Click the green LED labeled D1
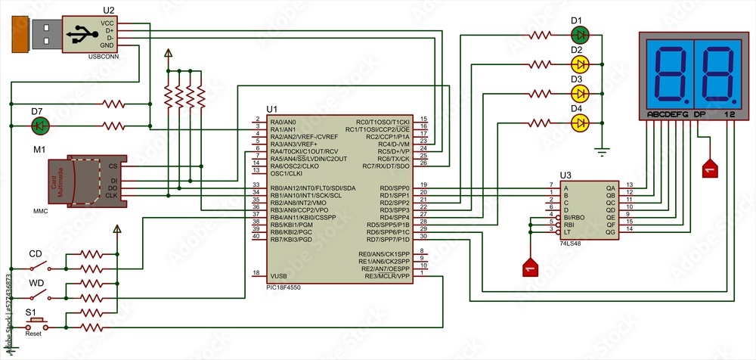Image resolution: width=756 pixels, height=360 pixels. pyautogui.click(x=580, y=35)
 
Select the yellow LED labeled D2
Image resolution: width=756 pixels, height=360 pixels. pyautogui.click(x=580, y=64)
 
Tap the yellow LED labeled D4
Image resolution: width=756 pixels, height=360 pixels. pyautogui.click(x=580, y=123)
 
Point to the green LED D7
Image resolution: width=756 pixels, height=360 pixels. pyautogui.click(x=42, y=125)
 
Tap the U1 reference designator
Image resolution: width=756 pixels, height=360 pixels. pyautogui.click(x=272, y=110)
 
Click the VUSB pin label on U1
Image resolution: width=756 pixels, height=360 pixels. pyautogui.click(x=279, y=275)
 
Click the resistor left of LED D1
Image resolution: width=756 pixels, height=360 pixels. pyautogui.click(x=541, y=35)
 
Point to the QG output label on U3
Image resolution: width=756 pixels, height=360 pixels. pyautogui.click(x=611, y=231)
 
